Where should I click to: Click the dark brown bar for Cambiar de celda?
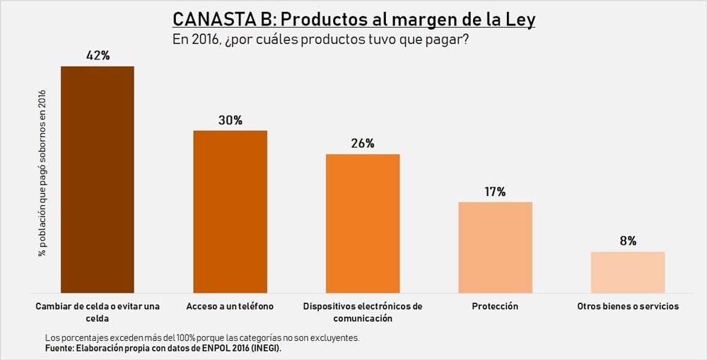point(98,179)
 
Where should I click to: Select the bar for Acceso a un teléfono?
point(230,211)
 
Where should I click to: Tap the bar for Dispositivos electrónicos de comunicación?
point(363,223)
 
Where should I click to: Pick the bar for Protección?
point(495,247)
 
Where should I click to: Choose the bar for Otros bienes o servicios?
point(628,272)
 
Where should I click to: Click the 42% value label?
point(98,55)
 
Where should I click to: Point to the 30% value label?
point(230,120)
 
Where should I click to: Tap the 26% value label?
point(363,144)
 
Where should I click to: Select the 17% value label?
point(495,192)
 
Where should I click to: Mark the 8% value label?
point(628,241)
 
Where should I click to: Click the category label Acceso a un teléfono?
point(230,306)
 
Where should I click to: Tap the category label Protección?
point(495,306)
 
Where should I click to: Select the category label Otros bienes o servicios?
point(628,306)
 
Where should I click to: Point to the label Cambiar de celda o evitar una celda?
point(98,312)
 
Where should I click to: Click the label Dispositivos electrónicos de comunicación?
point(363,312)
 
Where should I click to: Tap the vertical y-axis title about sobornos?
point(43,173)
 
